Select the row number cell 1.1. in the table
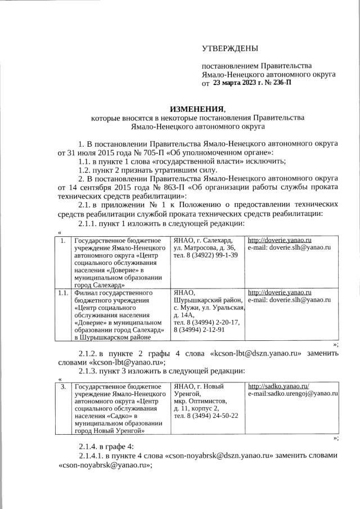tap(62, 292)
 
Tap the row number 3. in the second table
tap(63, 386)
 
